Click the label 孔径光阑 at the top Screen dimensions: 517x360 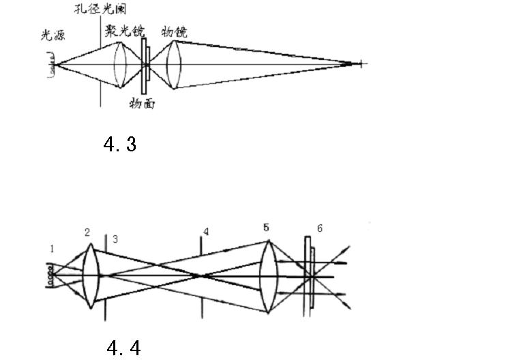(x=100, y=9)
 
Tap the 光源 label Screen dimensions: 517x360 (x=53, y=35)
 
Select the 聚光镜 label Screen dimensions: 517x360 (x=125, y=31)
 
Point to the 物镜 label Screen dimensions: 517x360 (x=175, y=32)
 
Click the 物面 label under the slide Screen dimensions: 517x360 (x=142, y=103)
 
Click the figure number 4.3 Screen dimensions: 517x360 (x=120, y=145)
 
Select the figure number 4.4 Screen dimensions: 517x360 (x=124, y=348)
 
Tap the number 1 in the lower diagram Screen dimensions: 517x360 (x=52, y=249)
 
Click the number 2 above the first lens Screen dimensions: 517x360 (x=87, y=232)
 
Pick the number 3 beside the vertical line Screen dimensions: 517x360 (x=115, y=239)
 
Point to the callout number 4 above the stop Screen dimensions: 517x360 (x=206, y=232)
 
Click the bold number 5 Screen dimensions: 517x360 (x=267, y=227)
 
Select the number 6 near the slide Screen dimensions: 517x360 (x=319, y=228)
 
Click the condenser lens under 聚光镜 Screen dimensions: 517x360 (x=120, y=65)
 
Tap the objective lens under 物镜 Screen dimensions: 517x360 (x=174, y=65)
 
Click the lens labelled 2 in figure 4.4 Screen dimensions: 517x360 (x=91, y=276)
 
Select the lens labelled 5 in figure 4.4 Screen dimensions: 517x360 (x=269, y=276)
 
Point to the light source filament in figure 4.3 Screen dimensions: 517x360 (x=51, y=65)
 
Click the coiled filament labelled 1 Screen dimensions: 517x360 (x=49, y=275)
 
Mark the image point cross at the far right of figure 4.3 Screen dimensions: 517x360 (x=361, y=63)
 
